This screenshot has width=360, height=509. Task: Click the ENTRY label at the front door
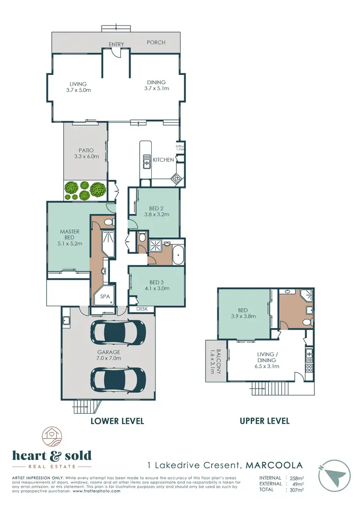click(x=116, y=44)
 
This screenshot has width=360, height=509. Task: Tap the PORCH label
click(x=156, y=43)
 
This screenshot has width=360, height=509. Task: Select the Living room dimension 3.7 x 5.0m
click(x=78, y=90)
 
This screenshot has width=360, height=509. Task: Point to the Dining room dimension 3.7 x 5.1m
click(x=156, y=88)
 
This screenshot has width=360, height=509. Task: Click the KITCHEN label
click(x=163, y=160)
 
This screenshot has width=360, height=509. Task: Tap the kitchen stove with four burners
click(x=176, y=179)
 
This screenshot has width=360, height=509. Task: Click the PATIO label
click(x=86, y=150)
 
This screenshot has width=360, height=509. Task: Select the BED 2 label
click(x=156, y=208)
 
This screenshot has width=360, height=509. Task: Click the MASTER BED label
click(x=70, y=234)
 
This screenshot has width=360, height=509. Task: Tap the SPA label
click(x=105, y=297)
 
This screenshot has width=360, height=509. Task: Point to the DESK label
click(x=142, y=309)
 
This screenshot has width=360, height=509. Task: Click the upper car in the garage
click(x=118, y=331)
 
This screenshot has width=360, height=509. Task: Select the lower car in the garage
click(x=118, y=379)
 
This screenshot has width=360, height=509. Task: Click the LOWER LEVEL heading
click(x=118, y=421)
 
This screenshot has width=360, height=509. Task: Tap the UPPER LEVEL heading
click(x=264, y=421)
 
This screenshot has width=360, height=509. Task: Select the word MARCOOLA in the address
click(x=274, y=465)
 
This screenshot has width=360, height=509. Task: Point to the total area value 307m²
click(x=298, y=489)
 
